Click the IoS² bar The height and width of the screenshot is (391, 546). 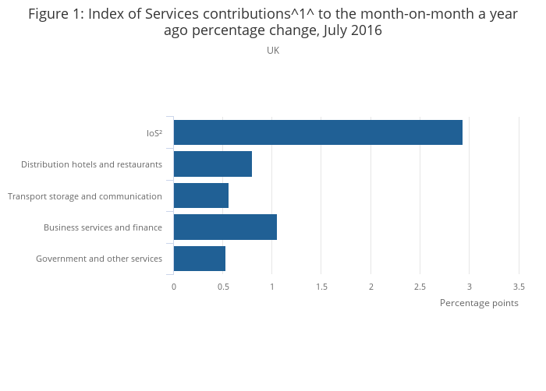click(x=318, y=132)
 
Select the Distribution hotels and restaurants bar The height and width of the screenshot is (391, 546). click(x=213, y=164)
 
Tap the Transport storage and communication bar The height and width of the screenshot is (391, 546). click(x=201, y=195)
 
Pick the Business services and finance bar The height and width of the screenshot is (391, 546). click(x=225, y=227)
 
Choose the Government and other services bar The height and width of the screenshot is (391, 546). click(x=200, y=259)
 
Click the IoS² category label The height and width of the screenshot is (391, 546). click(x=154, y=133)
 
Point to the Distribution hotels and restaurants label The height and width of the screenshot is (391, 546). click(x=91, y=164)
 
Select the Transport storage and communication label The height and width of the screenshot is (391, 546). click(x=85, y=196)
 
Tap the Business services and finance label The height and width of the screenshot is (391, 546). click(x=103, y=227)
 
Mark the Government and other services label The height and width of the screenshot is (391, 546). click(x=99, y=259)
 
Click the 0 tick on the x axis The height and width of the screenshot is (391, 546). click(x=174, y=287)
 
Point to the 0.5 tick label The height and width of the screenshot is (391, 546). click(x=223, y=287)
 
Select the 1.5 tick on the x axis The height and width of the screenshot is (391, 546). click(x=322, y=287)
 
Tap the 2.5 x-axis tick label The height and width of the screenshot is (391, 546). click(x=420, y=287)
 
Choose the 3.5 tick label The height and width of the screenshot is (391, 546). click(x=519, y=287)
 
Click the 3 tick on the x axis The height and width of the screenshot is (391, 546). click(x=470, y=287)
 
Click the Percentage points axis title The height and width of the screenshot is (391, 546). click(x=479, y=303)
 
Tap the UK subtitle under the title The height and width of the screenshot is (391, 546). click(x=273, y=51)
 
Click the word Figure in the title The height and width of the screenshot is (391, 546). click(x=49, y=14)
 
